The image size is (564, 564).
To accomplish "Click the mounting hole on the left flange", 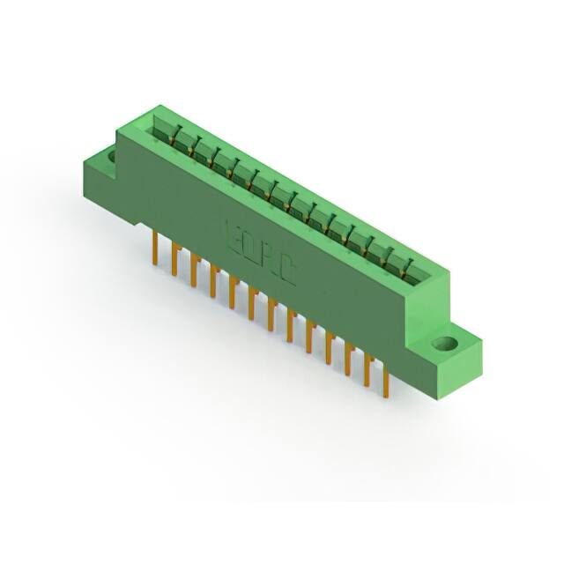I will [111, 157].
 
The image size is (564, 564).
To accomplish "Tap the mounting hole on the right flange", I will [446, 343].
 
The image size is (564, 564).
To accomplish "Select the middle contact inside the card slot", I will [293, 201].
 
